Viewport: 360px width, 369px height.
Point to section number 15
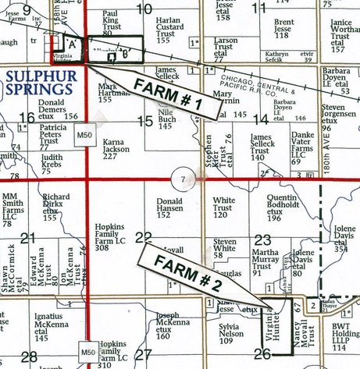tap(143, 121)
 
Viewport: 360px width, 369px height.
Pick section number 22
tap(143, 237)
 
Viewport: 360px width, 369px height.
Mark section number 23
tap(262, 241)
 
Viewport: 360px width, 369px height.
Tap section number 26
tap(262, 355)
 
